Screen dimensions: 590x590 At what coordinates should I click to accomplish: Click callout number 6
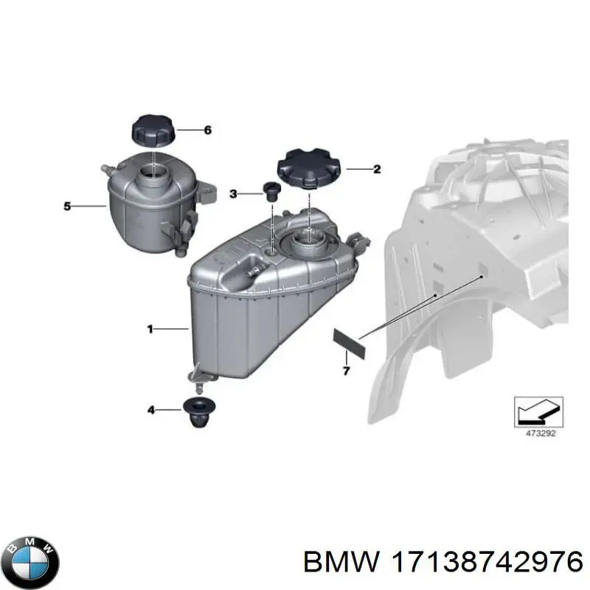(x=207, y=131)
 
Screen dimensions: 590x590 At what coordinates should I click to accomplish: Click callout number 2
(x=377, y=170)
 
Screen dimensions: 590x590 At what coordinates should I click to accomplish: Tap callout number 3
(x=233, y=194)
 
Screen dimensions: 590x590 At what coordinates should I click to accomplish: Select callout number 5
(x=67, y=206)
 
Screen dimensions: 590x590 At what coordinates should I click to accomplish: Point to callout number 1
(x=150, y=330)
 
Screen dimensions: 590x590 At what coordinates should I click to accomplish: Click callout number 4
(x=150, y=409)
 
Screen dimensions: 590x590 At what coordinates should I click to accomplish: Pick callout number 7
(x=346, y=369)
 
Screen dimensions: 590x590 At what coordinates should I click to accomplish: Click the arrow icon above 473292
(x=539, y=407)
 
